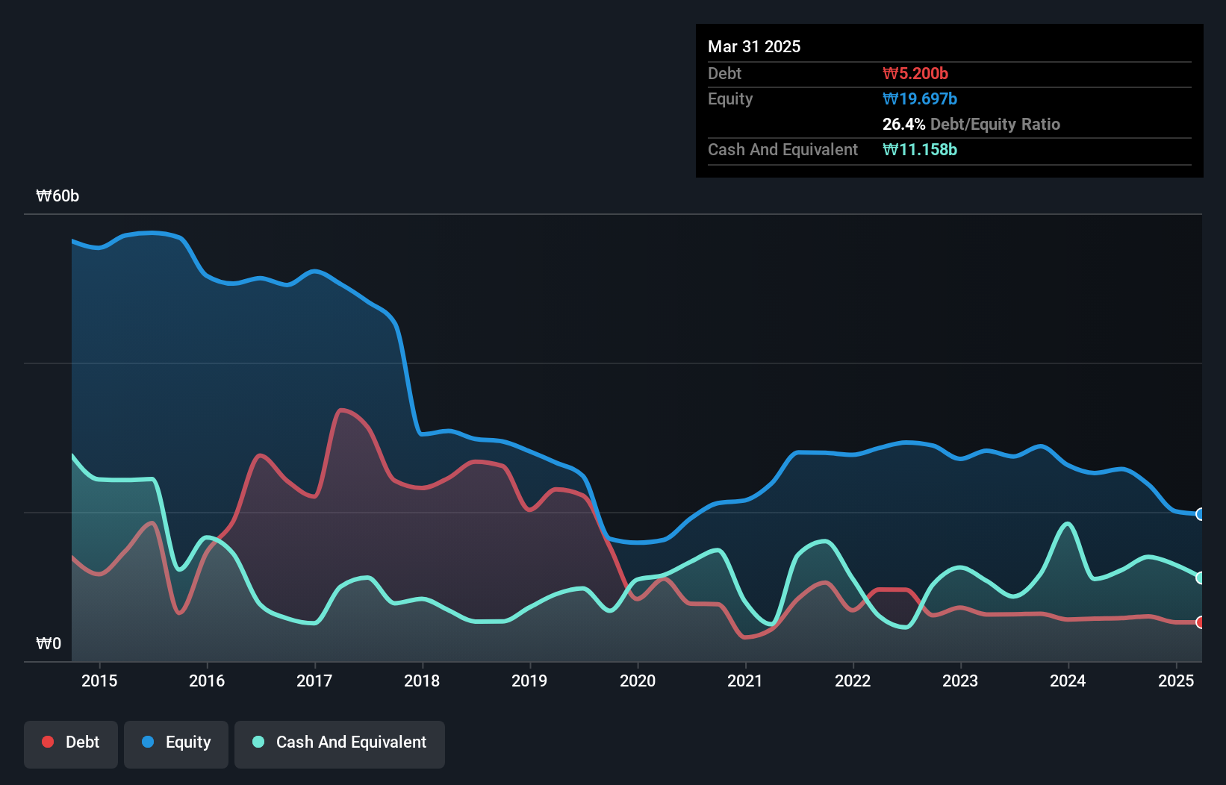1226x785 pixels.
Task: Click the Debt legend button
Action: coord(70,742)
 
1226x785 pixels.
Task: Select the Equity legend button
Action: coord(176,742)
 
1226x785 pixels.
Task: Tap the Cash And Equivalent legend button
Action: coord(340,742)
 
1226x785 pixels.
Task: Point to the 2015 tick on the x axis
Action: coord(99,681)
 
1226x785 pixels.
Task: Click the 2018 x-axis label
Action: coord(422,681)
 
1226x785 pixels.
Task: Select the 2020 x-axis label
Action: coord(638,681)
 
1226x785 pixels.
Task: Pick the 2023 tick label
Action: coord(960,681)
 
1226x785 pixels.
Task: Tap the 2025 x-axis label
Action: coord(1175,681)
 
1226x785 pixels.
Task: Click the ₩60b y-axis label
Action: coord(57,196)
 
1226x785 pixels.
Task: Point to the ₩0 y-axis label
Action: coord(49,643)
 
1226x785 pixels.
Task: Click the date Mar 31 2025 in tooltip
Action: coord(754,46)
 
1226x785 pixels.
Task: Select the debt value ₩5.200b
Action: coord(915,73)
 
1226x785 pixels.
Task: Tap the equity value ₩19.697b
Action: coord(920,98)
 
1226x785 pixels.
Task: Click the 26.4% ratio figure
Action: coord(903,124)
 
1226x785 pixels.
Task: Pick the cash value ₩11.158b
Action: coord(920,149)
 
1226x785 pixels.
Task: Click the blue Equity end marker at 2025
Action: coord(1201,514)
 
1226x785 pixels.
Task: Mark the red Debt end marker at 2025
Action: coord(1201,622)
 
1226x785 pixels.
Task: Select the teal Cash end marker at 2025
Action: coord(1201,578)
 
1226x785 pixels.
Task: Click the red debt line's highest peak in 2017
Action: coord(342,410)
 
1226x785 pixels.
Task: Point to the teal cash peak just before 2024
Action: coord(1068,523)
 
